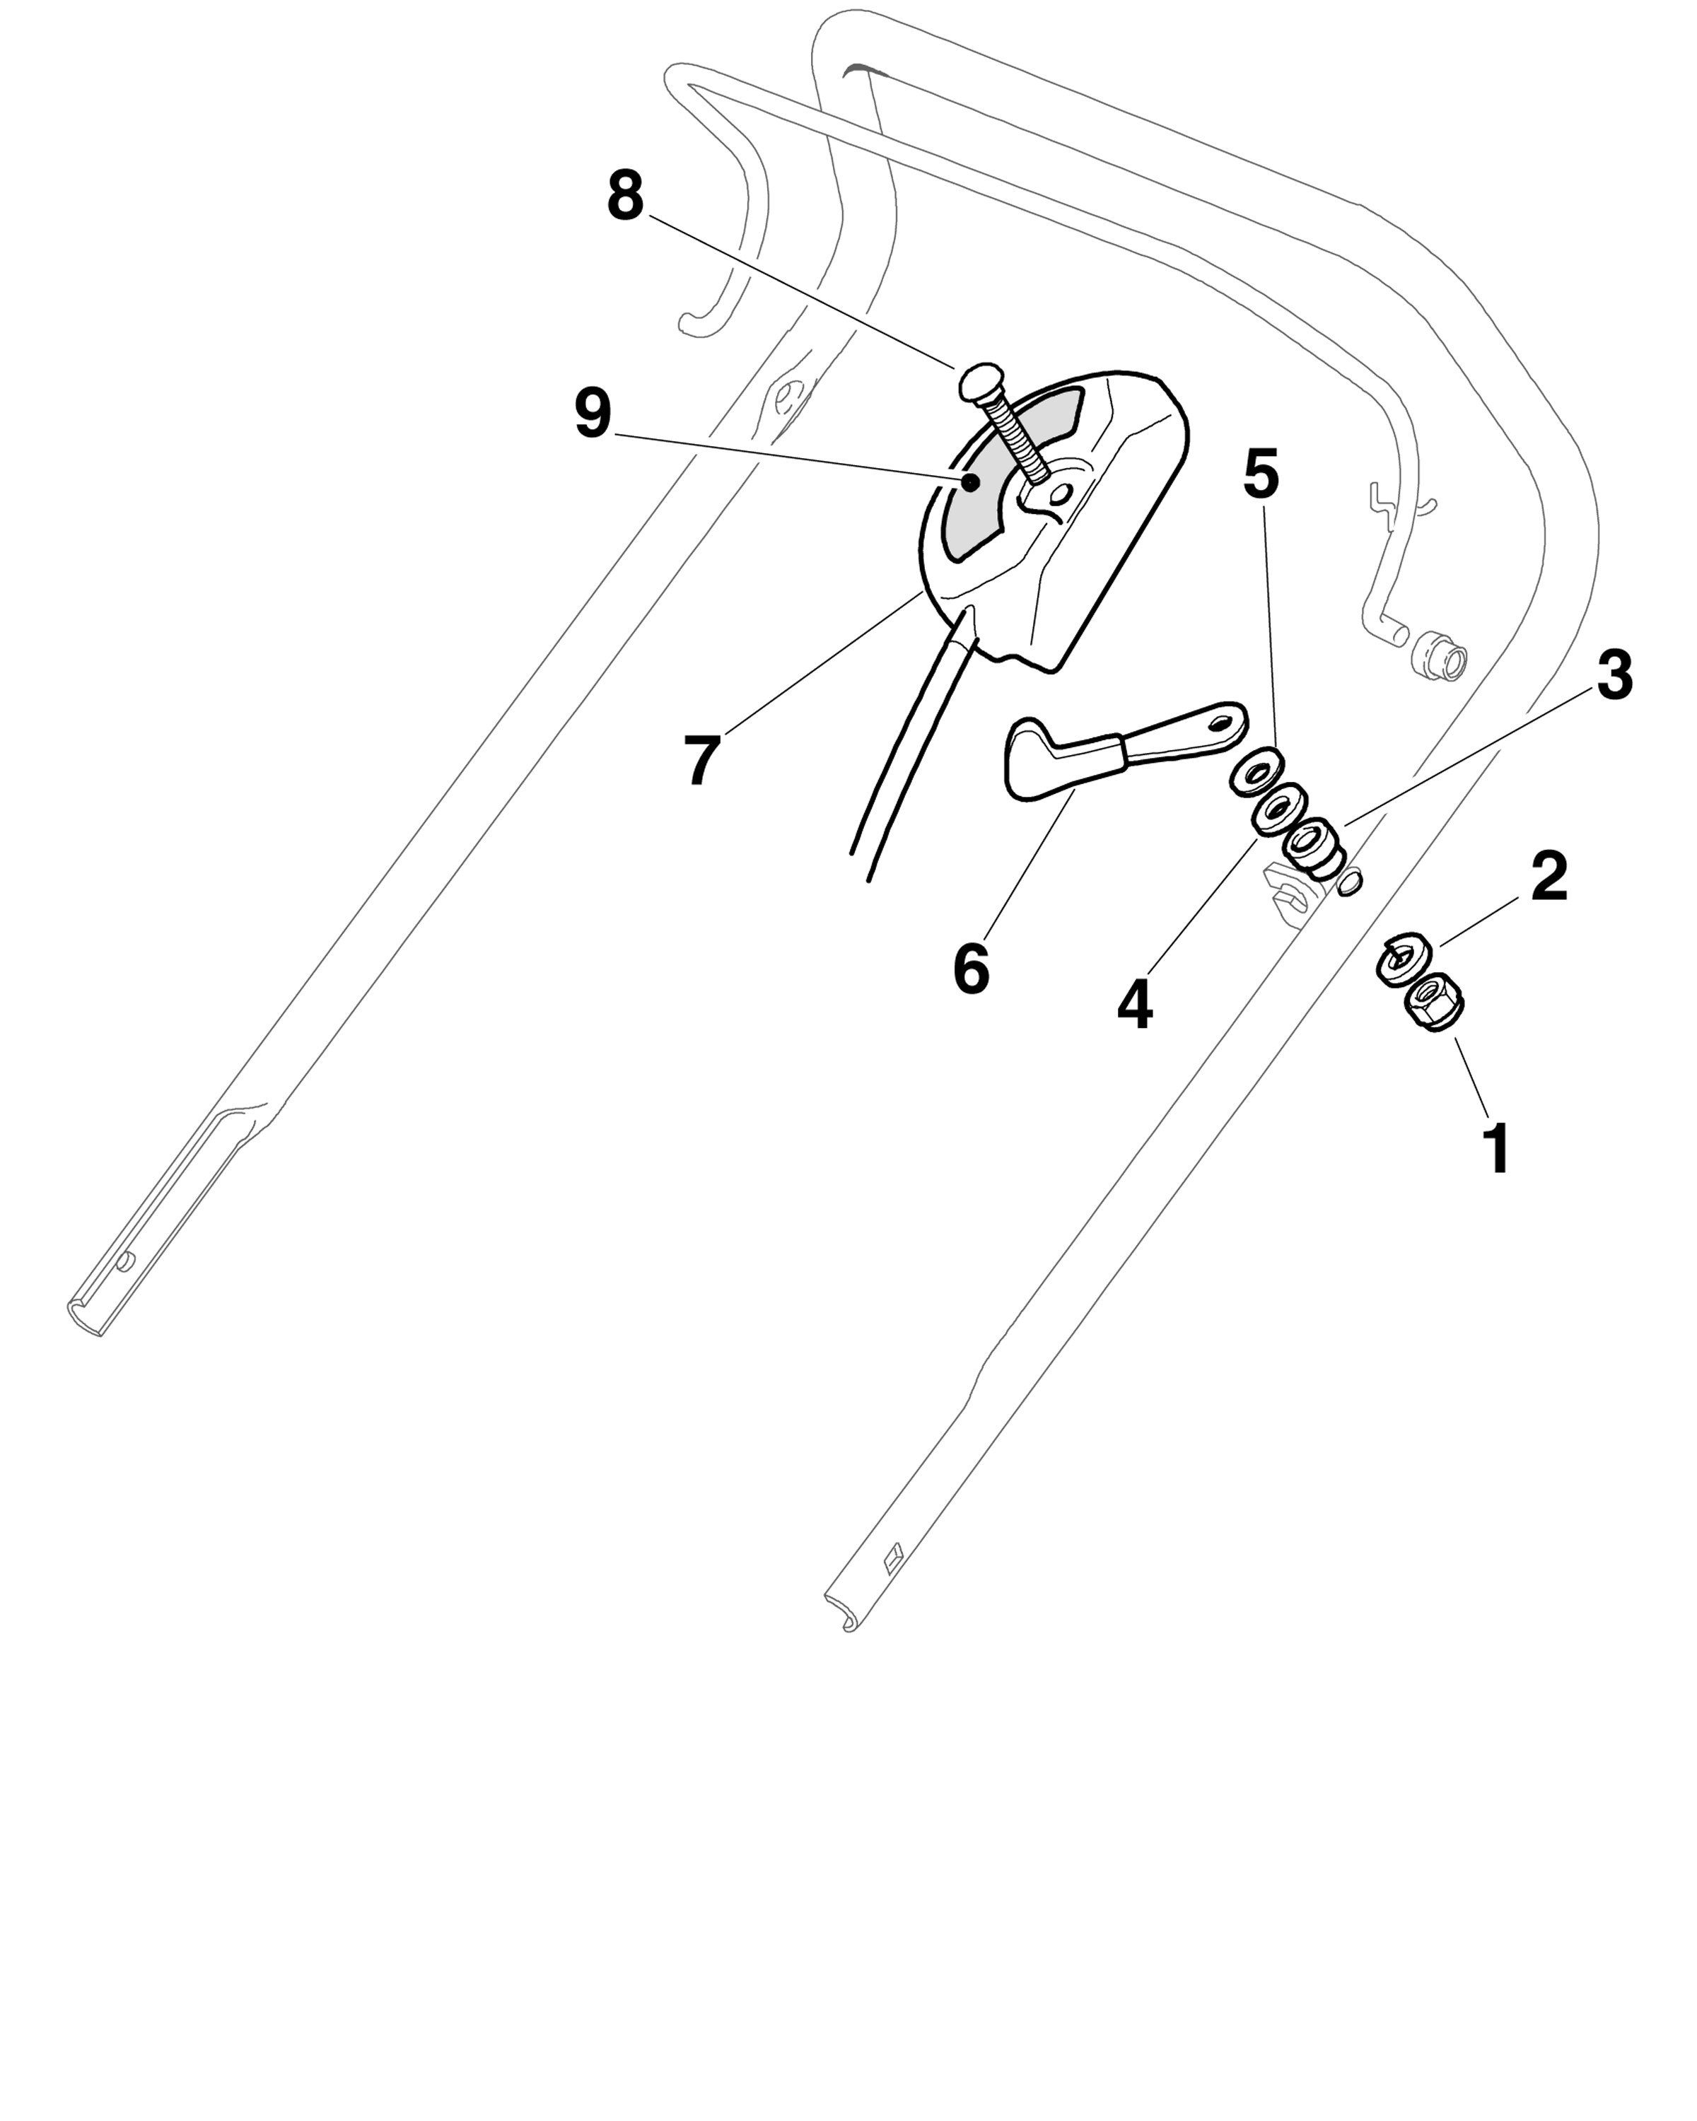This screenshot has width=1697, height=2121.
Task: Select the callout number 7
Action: pos(701,759)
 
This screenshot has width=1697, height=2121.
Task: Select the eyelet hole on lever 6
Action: pos(1222,723)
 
